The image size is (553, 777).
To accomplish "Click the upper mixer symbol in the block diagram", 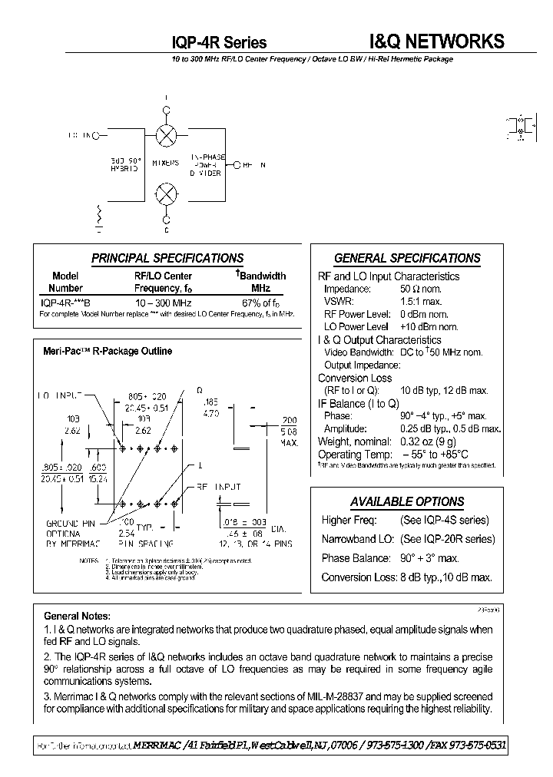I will pos(166,136).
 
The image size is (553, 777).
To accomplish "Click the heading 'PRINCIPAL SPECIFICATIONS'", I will pos(167,259).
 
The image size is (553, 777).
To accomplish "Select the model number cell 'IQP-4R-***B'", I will pos(65,302).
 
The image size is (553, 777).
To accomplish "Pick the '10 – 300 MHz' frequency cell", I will pos(163,302).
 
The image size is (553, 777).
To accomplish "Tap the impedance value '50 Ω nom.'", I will pos(420,289).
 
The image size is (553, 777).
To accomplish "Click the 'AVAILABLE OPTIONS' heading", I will pos(407,502).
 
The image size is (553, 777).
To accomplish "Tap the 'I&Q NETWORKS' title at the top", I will pos(432,41).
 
